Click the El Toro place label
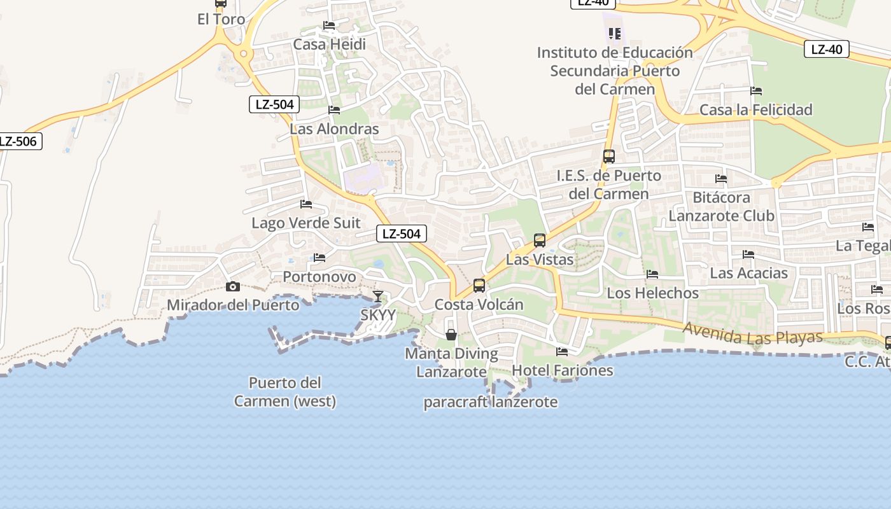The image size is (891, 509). tap(221, 20)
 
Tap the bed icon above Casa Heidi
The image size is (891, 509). tap(329, 25)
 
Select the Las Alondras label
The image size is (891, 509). tap(334, 129)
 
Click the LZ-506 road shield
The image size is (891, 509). tap(18, 141)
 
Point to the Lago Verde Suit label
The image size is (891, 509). tap(305, 223)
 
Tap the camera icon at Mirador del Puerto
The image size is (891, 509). tap(233, 287)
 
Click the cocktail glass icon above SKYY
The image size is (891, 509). tap(378, 296)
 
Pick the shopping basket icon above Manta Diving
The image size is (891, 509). tap(451, 335)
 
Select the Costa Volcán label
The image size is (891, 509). tap(479, 305)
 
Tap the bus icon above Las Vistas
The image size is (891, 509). tap(540, 241)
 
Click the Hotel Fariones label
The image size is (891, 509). tap(562, 370)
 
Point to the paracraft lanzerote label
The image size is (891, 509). tap(490, 402)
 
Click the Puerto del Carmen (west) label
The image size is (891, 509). tap(284, 392)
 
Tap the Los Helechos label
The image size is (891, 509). tap(652, 293)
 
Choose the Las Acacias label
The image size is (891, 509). tap(748, 274)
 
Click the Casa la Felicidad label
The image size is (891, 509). tap(755, 110)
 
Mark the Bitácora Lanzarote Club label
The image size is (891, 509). tap(721, 207)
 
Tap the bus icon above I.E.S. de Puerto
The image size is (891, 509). tap(609, 157)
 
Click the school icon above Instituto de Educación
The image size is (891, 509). tap(614, 33)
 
